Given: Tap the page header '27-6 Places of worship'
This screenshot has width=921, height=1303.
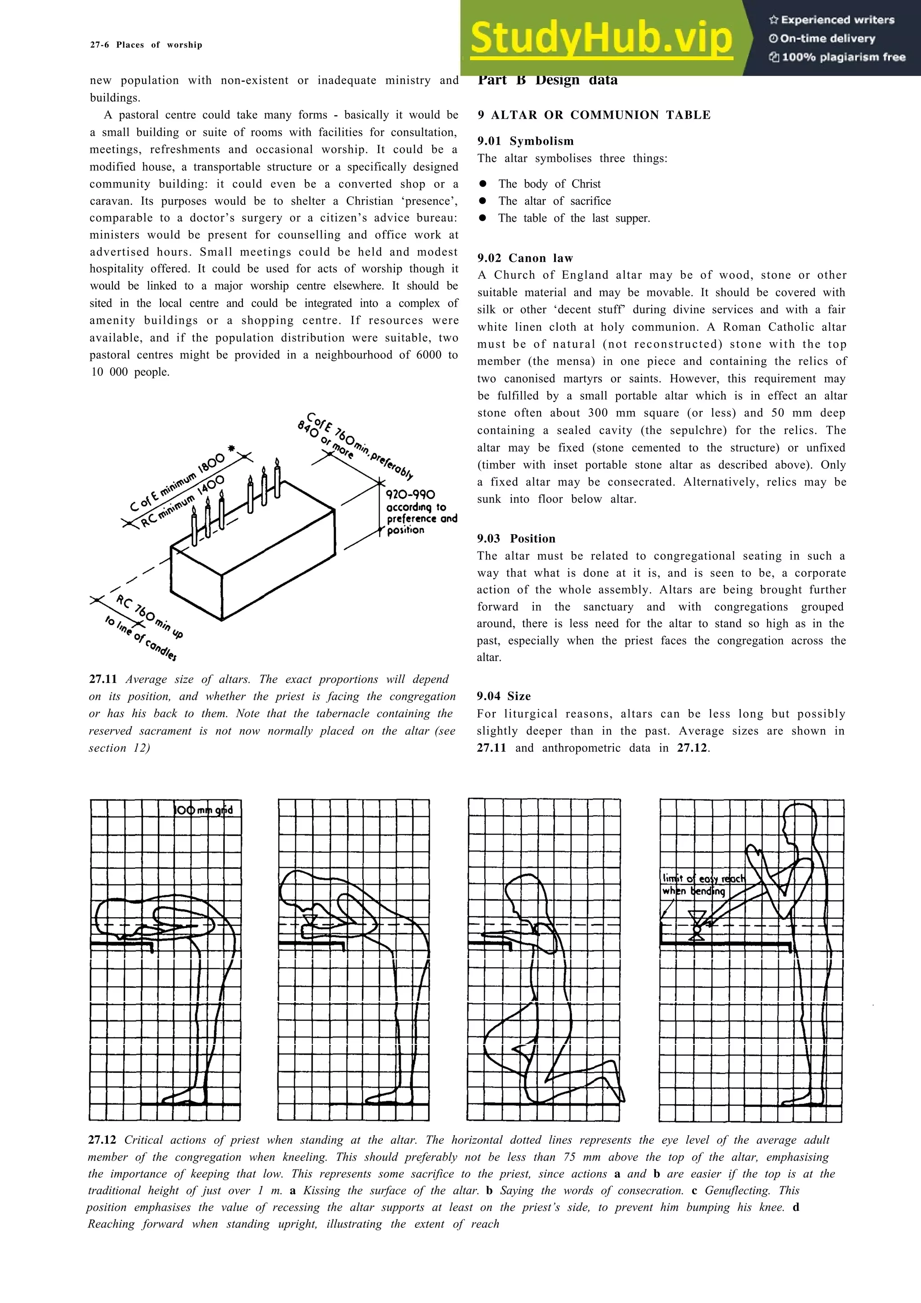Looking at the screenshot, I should (146, 45).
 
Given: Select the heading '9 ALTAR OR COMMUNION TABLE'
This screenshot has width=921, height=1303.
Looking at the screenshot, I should (594, 115).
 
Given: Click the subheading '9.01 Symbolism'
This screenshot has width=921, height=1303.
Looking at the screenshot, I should (525, 141).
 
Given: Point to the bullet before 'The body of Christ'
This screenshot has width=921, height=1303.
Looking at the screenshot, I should (483, 184).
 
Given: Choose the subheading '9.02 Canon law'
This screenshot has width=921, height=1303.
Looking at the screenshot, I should (525, 258).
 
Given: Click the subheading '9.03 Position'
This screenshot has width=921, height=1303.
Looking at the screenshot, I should (516, 539).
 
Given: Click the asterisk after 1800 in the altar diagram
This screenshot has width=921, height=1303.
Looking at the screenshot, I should (232, 448).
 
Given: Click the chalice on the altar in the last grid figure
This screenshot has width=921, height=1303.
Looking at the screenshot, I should (696, 926).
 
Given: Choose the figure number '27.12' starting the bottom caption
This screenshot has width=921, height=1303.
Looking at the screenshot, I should (102, 1140).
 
